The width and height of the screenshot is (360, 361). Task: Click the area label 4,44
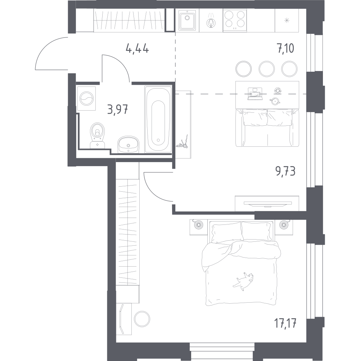click(137, 49)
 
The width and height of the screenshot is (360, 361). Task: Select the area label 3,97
click(117, 108)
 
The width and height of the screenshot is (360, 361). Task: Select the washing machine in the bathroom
click(87, 98)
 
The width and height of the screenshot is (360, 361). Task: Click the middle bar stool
click(266, 68)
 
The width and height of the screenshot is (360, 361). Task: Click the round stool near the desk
click(142, 318)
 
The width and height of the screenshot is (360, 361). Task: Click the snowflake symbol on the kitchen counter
click(287, 20)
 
